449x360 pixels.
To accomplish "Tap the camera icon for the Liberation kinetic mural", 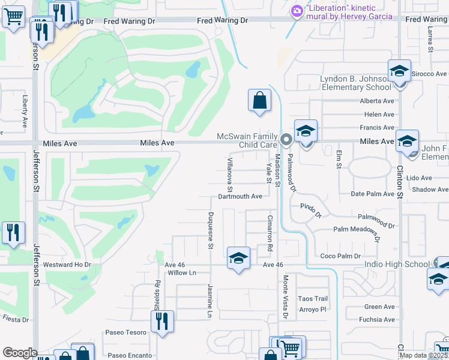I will [x=297, y=11].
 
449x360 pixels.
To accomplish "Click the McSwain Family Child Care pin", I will [x=286, y=140].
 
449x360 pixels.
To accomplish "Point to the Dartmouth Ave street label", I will [x=240, y=196].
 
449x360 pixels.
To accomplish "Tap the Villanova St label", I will [x=229, y=170].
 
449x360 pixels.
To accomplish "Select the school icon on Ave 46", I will [x=238, y=259].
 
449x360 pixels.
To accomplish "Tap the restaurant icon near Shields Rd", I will [x=162, y=322].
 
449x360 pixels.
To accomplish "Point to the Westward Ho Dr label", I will [x=67, y=265].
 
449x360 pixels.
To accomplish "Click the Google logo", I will [x=20, y=353].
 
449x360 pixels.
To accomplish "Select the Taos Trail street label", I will [x=313, y=299].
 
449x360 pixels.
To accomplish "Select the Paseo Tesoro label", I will [x=126, y=333].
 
